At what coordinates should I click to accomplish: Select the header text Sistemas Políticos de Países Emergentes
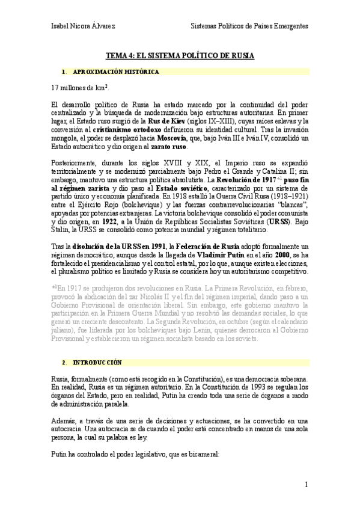(x=249, y=26)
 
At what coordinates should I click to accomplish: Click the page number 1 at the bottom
(x=306, y=484)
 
